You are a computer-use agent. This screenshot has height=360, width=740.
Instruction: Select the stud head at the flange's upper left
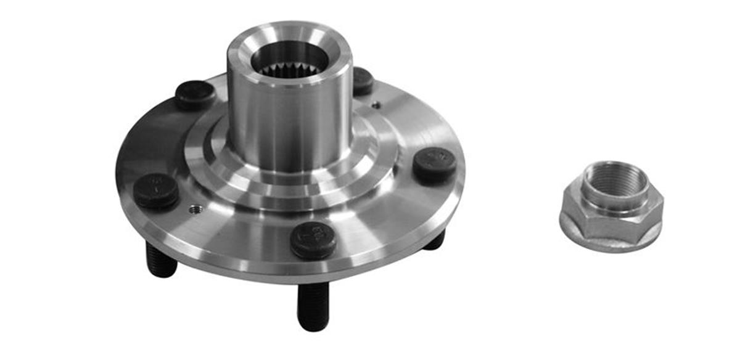pos(195,94)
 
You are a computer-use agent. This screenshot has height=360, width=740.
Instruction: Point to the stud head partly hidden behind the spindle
pos(362,80)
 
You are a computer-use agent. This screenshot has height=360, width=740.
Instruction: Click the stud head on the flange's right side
pos(434,164)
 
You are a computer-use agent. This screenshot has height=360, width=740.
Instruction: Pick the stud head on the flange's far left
pos(156,189)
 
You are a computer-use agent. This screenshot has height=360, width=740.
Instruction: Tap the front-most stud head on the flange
pos(313,239)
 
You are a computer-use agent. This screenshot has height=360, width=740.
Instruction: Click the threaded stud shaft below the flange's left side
pos(162,260)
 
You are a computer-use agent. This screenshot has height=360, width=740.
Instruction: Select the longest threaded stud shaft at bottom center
pos(313,305)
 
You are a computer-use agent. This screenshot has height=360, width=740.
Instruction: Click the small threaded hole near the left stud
pos(195,210)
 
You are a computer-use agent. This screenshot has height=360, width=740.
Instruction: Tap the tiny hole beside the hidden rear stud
pos(376,105)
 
